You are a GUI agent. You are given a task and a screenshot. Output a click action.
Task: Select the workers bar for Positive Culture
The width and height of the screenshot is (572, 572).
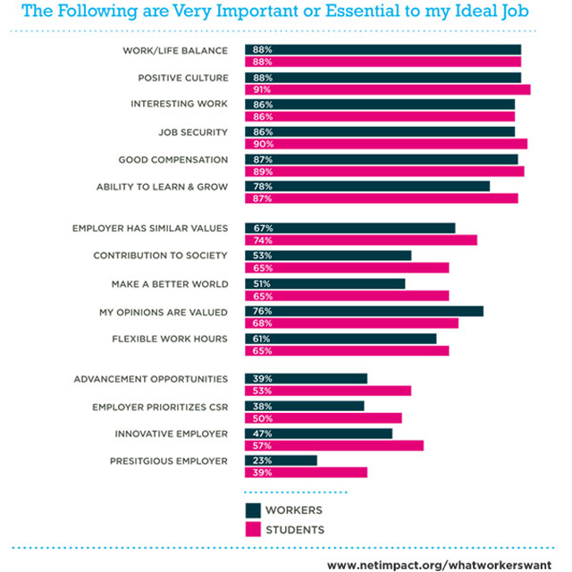(383, 78)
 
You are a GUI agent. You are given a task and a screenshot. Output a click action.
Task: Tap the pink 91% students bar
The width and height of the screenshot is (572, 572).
(388, 89)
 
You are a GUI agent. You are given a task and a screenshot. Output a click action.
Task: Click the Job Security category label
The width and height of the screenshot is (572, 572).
(193, 132)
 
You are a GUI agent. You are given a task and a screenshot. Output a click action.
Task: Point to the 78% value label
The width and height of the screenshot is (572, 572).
(263, 187)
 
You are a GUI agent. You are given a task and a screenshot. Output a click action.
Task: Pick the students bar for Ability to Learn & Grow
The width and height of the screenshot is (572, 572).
(382, 198)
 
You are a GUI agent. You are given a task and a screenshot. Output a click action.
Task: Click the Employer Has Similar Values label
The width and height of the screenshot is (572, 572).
(150, 229)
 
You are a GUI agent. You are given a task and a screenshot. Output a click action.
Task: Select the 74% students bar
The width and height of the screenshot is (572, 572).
(361, 240)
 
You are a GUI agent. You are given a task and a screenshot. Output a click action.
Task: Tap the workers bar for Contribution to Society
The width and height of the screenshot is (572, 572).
(328, 256)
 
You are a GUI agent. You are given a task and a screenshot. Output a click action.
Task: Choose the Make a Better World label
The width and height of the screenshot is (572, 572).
(170, 284)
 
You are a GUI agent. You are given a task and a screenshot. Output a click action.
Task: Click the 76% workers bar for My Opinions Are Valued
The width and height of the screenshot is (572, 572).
(364, 311)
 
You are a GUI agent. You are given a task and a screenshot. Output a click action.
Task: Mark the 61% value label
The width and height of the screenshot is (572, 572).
(262, 339)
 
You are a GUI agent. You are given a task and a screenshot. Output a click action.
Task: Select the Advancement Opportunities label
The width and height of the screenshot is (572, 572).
(151, 379)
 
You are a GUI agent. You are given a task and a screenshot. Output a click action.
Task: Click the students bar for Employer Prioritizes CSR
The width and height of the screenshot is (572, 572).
(324, 418)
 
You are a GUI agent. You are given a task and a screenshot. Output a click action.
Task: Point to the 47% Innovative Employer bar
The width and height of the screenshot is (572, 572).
(318, 433)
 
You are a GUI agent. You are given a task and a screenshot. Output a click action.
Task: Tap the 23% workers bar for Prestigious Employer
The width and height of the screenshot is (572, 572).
(281, 461)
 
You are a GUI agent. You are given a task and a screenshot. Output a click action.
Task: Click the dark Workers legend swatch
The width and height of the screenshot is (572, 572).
(253, 510)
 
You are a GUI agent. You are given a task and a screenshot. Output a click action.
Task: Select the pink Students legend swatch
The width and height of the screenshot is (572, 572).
(253, 529)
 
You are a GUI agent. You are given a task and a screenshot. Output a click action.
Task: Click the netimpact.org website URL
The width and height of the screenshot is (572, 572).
(439, 565)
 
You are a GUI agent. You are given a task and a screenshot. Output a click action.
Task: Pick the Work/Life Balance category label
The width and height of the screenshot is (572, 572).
(175, 51)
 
